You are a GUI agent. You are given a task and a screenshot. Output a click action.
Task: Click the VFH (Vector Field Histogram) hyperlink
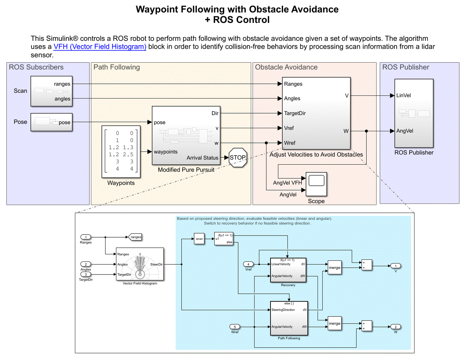pos(100,47)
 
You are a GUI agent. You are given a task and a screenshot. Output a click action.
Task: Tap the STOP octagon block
pos(238,157)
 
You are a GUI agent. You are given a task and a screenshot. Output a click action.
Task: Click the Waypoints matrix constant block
pos(121,152)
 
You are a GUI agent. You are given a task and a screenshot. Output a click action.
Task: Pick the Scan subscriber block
pos(52,91)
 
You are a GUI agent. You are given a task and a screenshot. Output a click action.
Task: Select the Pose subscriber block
pos(52,122)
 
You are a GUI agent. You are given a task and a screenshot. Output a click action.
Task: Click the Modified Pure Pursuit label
pos(186,170)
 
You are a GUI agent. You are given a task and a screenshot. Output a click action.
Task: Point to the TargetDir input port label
pos(295,113)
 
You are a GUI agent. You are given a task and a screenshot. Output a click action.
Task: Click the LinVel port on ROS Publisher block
pos(404,95)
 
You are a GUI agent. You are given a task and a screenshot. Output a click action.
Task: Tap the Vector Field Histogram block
pos(140,264)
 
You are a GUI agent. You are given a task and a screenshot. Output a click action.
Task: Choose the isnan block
pos(199,239)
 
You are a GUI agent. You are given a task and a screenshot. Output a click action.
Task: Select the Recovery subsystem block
pos(288,270)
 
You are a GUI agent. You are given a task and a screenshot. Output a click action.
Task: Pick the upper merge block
pos(334,268)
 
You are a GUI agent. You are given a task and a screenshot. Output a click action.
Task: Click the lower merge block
pos(334,324)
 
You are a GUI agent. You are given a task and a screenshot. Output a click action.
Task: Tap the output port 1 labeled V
pos(395,266)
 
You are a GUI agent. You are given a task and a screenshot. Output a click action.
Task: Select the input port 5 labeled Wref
pos(235,327)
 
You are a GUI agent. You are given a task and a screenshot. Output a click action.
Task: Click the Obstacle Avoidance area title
pos(286,67)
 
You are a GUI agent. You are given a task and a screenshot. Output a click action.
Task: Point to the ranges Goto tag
pos(135,237)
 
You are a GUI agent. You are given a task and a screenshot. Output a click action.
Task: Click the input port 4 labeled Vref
pos(248,264)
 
